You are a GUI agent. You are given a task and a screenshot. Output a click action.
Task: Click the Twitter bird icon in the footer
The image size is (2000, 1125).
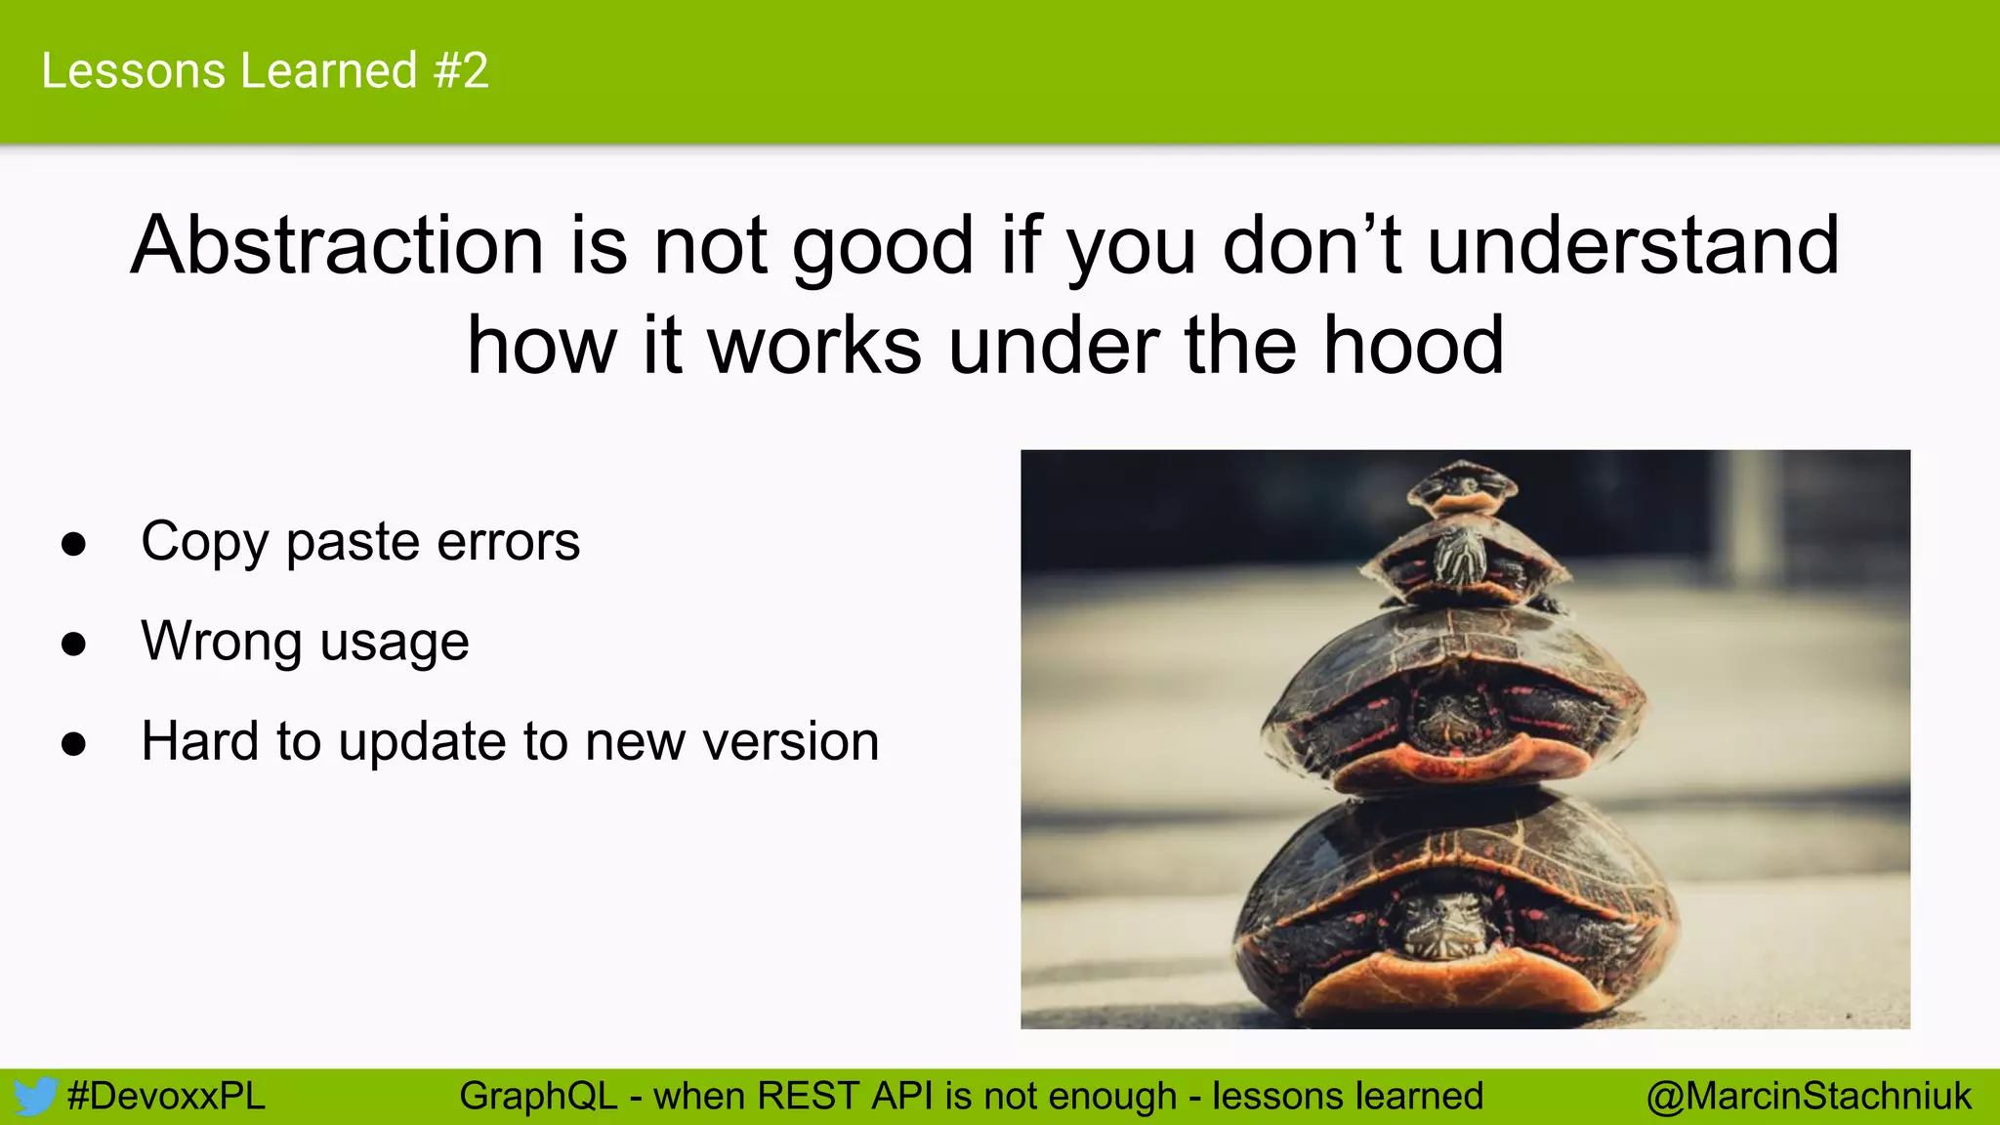tap(35, 1097)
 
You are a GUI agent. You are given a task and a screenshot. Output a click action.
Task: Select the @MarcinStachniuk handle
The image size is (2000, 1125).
tap(1809, 1097)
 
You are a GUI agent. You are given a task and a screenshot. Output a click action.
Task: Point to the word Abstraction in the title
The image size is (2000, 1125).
tap(337, 245)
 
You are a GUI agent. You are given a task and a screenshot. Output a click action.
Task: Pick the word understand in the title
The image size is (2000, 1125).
tap(1633, 245)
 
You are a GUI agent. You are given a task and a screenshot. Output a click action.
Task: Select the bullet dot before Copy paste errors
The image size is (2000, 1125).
tap(73, 544)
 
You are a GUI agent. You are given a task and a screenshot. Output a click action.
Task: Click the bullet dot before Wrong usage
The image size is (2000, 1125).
tap(73, 645)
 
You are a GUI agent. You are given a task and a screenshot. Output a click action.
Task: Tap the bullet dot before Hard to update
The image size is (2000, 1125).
tap(73, 744)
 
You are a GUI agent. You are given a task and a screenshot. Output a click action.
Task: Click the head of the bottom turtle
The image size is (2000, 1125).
tap(1443, 923)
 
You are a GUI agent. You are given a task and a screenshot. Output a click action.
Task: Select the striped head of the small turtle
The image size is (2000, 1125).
tap(1459, 557)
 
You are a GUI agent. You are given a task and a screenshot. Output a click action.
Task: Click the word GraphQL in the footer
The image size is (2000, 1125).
tap(538, 1097)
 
